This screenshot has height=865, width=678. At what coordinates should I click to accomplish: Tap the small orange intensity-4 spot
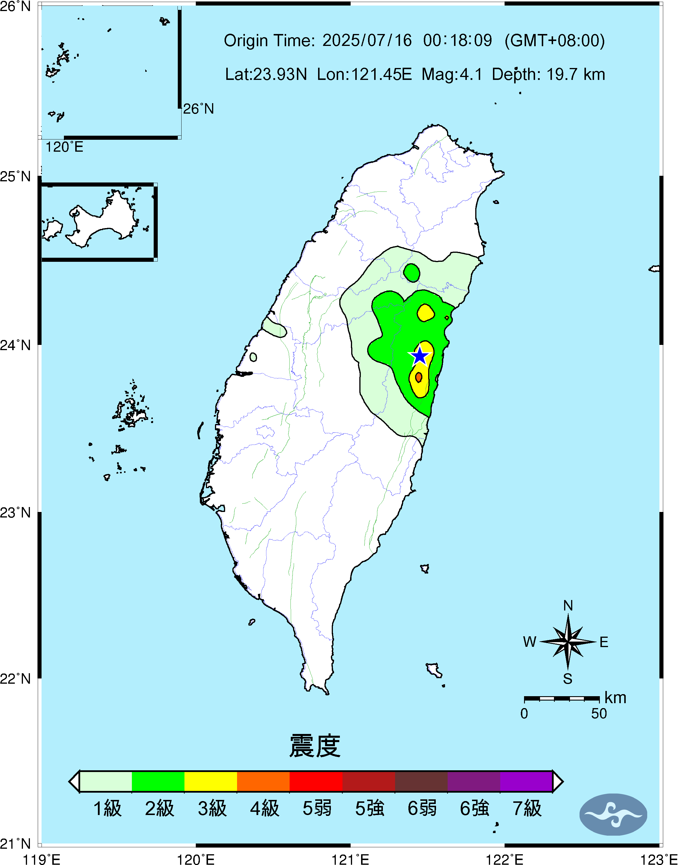[x=418, y=377]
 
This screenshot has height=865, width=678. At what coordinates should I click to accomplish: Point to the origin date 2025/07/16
[x=367, y=40]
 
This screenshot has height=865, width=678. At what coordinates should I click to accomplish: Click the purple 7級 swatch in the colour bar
[x=526, y=781]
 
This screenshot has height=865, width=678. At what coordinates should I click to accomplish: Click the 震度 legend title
[x=315, y=746]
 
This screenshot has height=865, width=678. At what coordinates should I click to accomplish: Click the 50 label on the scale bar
[x=599, y=714]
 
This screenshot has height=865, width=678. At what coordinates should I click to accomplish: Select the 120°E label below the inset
[x=64, y=147]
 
